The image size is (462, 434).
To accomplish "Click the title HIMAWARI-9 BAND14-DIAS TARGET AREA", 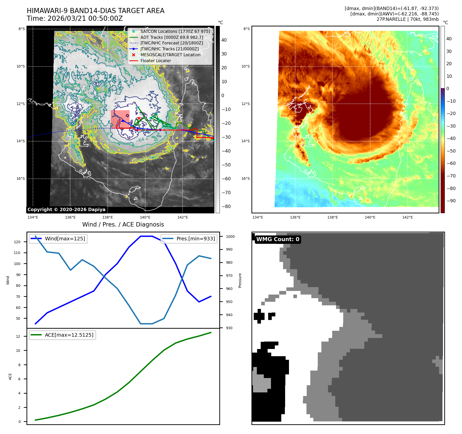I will (95, 11).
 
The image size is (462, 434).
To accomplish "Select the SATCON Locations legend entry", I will (175, 31).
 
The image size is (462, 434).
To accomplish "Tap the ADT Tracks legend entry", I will (171, 37).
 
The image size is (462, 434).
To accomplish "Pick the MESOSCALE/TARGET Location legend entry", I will (170, 55).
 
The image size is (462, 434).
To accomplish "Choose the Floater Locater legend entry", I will (156, 61).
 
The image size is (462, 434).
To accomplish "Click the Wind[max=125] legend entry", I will (65, 239).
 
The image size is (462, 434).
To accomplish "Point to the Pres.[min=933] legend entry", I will (195, 239).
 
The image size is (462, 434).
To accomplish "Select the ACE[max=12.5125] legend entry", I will (69, 335).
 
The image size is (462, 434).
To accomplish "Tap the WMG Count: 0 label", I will (278, 239).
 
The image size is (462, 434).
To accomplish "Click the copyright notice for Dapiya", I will (66, 210).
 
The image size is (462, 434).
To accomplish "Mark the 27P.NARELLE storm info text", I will (407, 19).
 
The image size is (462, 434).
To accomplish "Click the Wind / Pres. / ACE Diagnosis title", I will (123, 224).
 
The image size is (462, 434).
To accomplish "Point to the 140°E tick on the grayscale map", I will (145, 217).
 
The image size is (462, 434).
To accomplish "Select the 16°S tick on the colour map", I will (245, 178).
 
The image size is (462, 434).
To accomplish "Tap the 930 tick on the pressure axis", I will (229, 328).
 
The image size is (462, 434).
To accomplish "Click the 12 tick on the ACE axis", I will (18, 336).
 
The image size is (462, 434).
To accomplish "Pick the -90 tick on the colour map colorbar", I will (451, 201).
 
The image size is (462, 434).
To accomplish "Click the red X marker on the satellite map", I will (139, 118).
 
